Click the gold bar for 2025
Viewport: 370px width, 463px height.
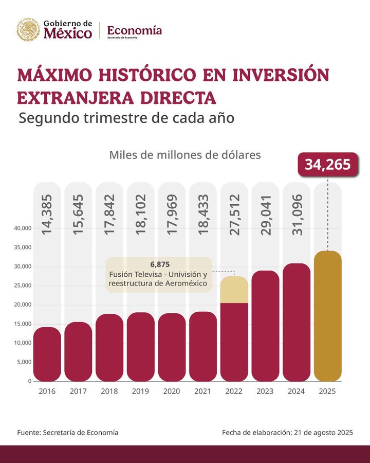[x=327, y=316]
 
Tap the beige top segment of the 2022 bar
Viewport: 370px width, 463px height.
[x=234, y=290]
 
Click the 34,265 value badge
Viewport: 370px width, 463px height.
[x=327, y=164]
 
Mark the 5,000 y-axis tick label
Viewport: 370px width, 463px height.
[x=24, y=362]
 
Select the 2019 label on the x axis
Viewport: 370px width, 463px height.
[x=140, y=391]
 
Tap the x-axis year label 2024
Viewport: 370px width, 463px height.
[x=296, y=391]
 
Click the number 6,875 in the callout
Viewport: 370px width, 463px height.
[x=159, y=264]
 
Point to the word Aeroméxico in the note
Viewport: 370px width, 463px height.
[x=182, y=283]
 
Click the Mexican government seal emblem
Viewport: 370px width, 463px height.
[x=28, y=30]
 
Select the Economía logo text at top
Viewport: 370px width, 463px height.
[x=134, y=31]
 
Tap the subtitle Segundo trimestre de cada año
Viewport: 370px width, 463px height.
[x=126, y=118]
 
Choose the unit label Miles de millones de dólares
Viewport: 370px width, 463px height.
[x=185, y=154]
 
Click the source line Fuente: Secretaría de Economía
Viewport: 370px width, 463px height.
[x=67, y=433]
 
